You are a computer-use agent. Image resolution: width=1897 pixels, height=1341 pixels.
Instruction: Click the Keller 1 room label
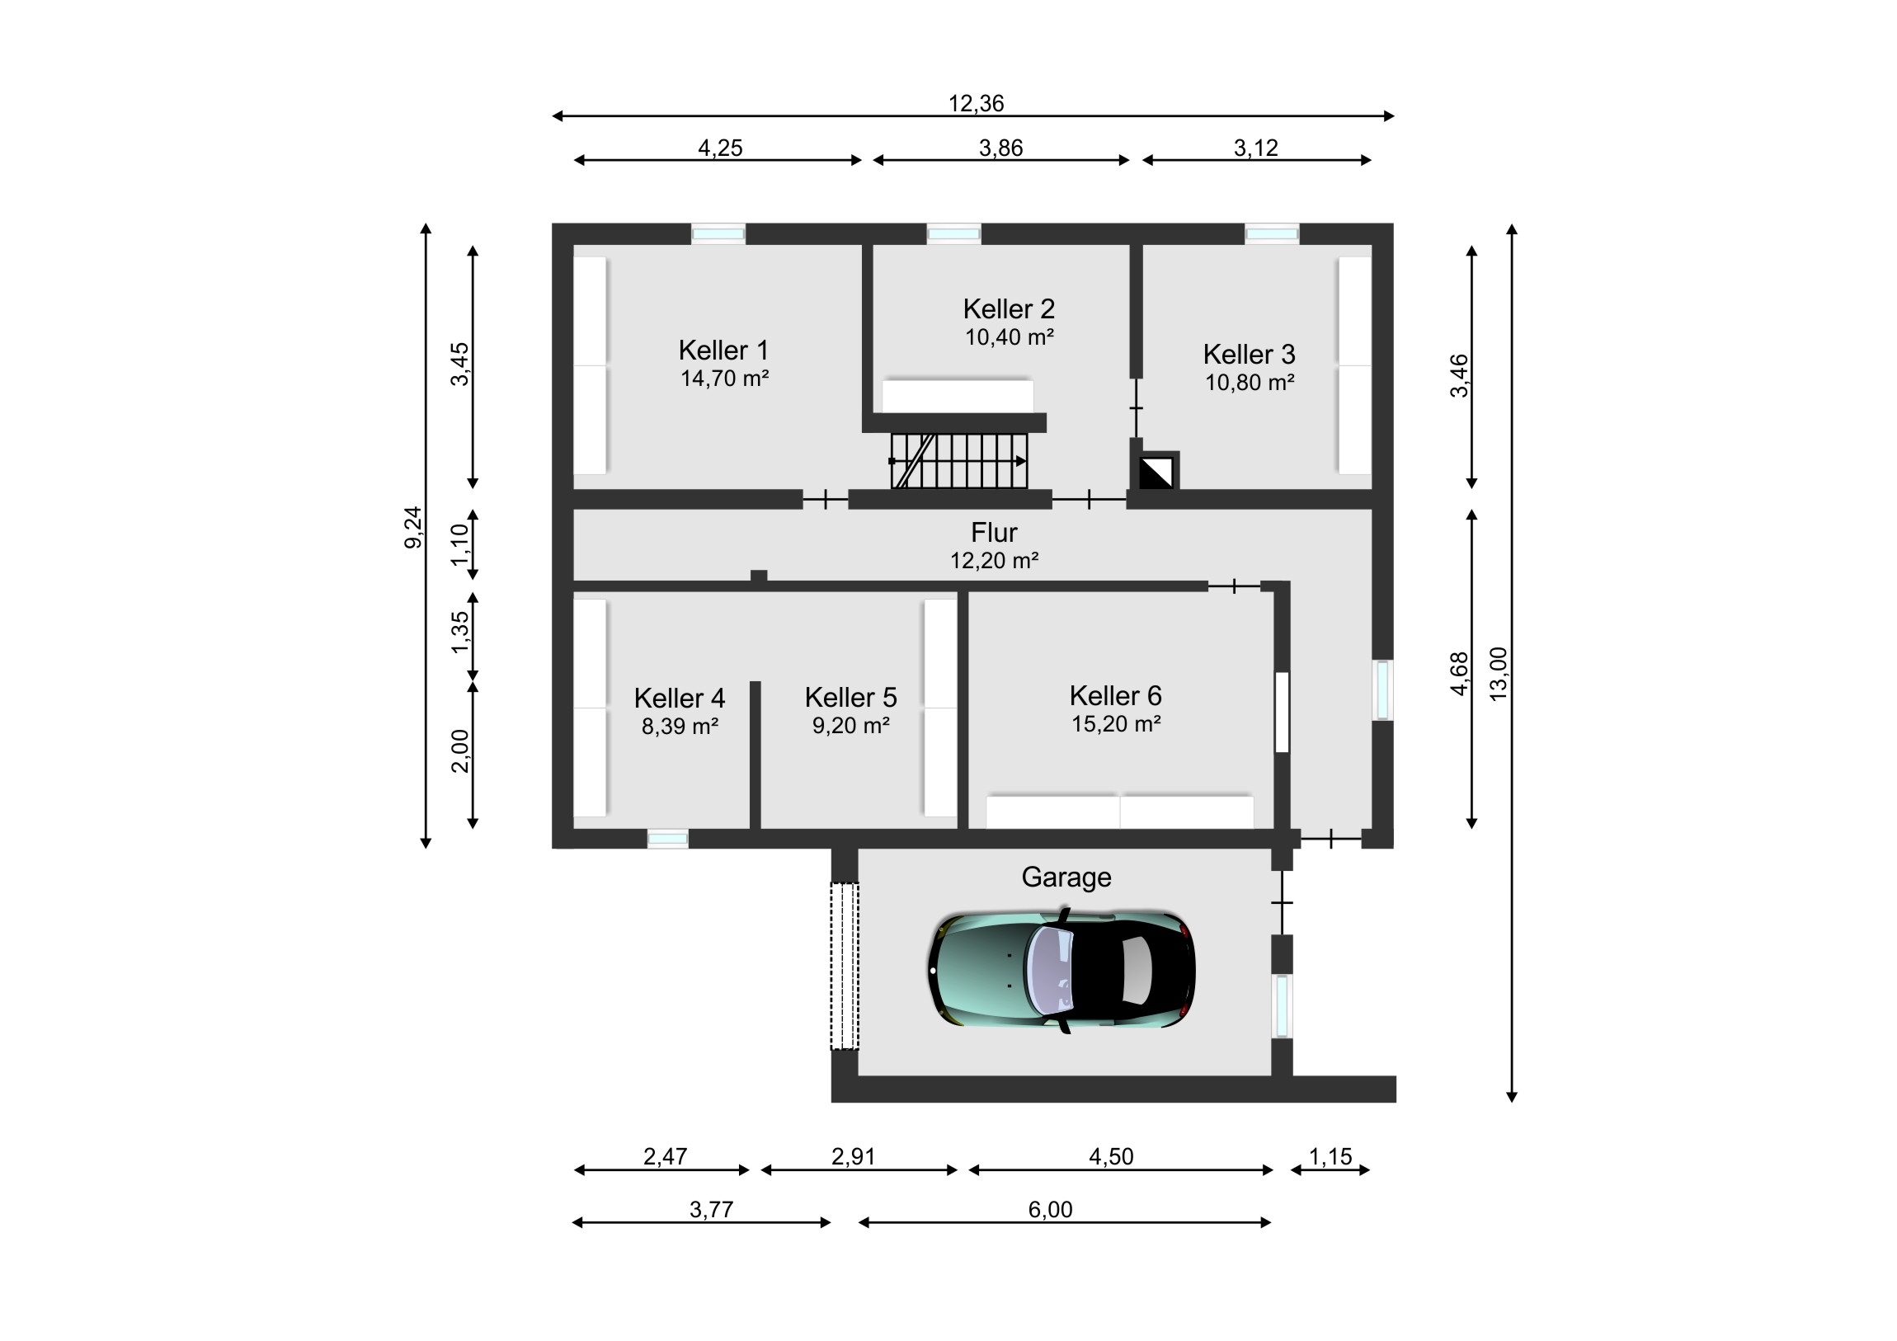point(723,351)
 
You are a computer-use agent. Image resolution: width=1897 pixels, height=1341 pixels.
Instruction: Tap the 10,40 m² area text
point(1009,337)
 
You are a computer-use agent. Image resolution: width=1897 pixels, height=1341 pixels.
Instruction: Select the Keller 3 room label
point(1249,355)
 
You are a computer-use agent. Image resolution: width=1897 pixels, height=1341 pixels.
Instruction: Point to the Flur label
point(994,532)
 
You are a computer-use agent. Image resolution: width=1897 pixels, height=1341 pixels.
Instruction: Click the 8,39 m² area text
point(679,727)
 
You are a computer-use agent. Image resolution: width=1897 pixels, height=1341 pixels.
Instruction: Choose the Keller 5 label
point(850,698)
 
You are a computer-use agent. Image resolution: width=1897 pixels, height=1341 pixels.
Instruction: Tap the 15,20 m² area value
point(1116,724)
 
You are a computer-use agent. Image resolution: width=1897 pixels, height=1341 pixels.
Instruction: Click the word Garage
point(1066,878)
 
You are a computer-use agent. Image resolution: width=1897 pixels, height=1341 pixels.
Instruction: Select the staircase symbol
point(959,461)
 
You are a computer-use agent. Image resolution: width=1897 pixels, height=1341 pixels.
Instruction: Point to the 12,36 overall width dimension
point(976,104)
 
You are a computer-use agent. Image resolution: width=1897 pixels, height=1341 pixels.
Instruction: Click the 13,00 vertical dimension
point(1498,675)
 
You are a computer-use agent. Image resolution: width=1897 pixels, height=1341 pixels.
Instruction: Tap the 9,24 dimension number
point(412,527)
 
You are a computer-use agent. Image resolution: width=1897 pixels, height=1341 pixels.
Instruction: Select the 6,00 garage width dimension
point(1050,1210)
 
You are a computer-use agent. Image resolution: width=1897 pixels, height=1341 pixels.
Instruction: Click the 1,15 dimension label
point(1330,1157)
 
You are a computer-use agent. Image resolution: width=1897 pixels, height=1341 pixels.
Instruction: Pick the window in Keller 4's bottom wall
point(667,839)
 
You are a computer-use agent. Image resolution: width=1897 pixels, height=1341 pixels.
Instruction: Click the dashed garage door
point(845,966)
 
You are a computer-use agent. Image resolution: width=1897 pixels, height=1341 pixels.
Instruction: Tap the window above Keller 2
point(953,234)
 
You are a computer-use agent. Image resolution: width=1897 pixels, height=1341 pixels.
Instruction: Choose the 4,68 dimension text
point(1460,675)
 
